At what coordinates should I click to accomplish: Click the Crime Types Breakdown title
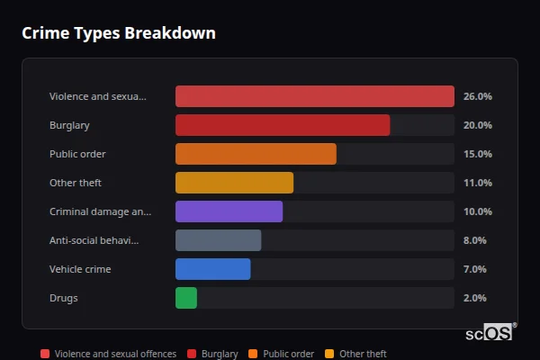tap(118, 33)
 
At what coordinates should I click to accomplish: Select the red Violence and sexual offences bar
tap(314, 96)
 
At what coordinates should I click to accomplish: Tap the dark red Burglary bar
tap(283, 125)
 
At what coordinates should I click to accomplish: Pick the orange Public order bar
tap(256, 154)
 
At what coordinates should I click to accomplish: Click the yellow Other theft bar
tap(234, 183)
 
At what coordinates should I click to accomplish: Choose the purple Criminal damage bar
tap(229, 211)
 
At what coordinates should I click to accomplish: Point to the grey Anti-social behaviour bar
tap(218, 240)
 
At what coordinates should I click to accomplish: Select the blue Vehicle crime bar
tap(212, 269)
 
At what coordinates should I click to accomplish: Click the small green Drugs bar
tap(186, 298)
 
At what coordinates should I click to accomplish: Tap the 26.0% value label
tap(477, 96)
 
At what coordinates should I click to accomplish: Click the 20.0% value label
tap(477, 125)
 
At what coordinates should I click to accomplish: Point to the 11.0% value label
tap(477, 183)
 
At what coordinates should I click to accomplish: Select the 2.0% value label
tap(474, 298)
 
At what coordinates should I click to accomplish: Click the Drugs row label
tap(64, 298)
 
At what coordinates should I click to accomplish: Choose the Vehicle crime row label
tap(80, 269)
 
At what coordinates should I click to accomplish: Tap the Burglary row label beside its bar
tap(69, 125)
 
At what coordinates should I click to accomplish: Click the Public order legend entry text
tap(288, 355)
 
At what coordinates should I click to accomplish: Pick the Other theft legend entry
tap(363, 355)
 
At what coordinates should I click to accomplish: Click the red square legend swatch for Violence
tap(45, 355)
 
